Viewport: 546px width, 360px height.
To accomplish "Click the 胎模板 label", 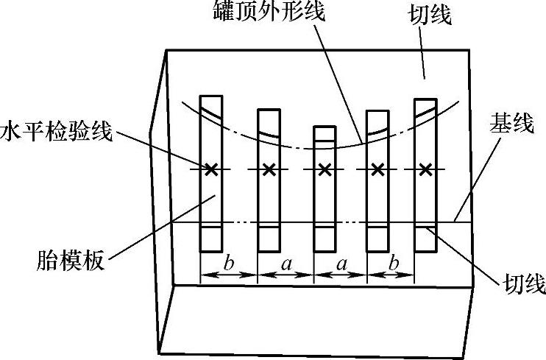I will click(x=70, y=260).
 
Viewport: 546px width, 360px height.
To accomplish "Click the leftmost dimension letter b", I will click(x=229, y=262).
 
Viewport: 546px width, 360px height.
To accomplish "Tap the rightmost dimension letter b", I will click(x=389, y=262).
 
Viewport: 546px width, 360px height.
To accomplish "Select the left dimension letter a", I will click(x=285, y=262).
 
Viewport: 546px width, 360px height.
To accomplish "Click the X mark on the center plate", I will click(x=325, y=170).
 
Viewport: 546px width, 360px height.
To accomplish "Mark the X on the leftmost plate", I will click(x=211, y=170).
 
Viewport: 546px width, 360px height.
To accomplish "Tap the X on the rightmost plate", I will click(x=425, y=170).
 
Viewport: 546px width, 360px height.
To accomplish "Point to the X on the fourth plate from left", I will click(x=377, y=170).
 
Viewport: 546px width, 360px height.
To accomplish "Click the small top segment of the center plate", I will click(x=325, y=133).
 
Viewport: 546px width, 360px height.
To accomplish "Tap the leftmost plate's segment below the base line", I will click(x=211, y=238).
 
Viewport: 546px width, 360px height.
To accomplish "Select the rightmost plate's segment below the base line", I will click(x=425, y=238).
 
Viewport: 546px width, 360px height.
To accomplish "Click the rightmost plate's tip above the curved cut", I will click(x=425, y=103).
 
